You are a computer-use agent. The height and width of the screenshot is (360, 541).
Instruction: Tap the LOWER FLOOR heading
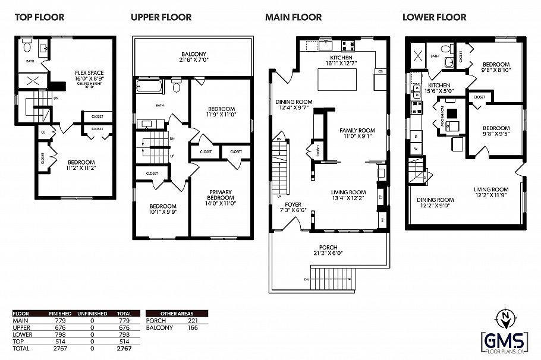tap(434, 17)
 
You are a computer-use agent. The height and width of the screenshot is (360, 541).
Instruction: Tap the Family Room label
tap(357, 133)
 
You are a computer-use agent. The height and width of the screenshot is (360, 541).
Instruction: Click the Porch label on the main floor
tap(328, 250)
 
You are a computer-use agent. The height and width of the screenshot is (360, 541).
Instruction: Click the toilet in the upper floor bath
tap(177, 87)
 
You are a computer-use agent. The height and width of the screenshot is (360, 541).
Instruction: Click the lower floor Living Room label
tap(491, 192)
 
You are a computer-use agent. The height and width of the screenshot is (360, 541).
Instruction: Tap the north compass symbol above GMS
tap(505, 315)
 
